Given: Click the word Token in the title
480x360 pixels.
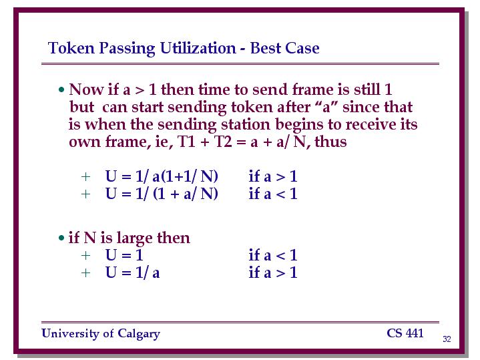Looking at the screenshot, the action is click(71, 48).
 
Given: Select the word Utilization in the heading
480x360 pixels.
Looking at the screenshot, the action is click(198, 48).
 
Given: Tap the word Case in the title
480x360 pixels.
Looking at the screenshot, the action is click(302, 48).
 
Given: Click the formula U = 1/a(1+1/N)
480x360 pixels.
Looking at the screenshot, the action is click(162, 176).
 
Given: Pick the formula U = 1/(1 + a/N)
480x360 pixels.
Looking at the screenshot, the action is click(162, 194).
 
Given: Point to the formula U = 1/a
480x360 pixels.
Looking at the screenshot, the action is click(133, 273).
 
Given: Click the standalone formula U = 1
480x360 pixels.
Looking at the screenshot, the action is click(124, 255).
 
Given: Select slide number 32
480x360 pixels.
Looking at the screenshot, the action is click(447, 339).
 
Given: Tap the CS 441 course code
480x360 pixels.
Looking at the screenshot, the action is click(405, 333).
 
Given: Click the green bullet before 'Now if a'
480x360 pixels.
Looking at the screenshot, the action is click(62, 89).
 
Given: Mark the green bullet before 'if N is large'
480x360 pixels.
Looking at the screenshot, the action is click(61, 238).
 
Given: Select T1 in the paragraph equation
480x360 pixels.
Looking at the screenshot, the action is click(186, 142).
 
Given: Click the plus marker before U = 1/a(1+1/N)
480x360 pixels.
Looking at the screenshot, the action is click(85, 177).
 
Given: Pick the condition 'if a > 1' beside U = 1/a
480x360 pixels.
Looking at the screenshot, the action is click(273, 273).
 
